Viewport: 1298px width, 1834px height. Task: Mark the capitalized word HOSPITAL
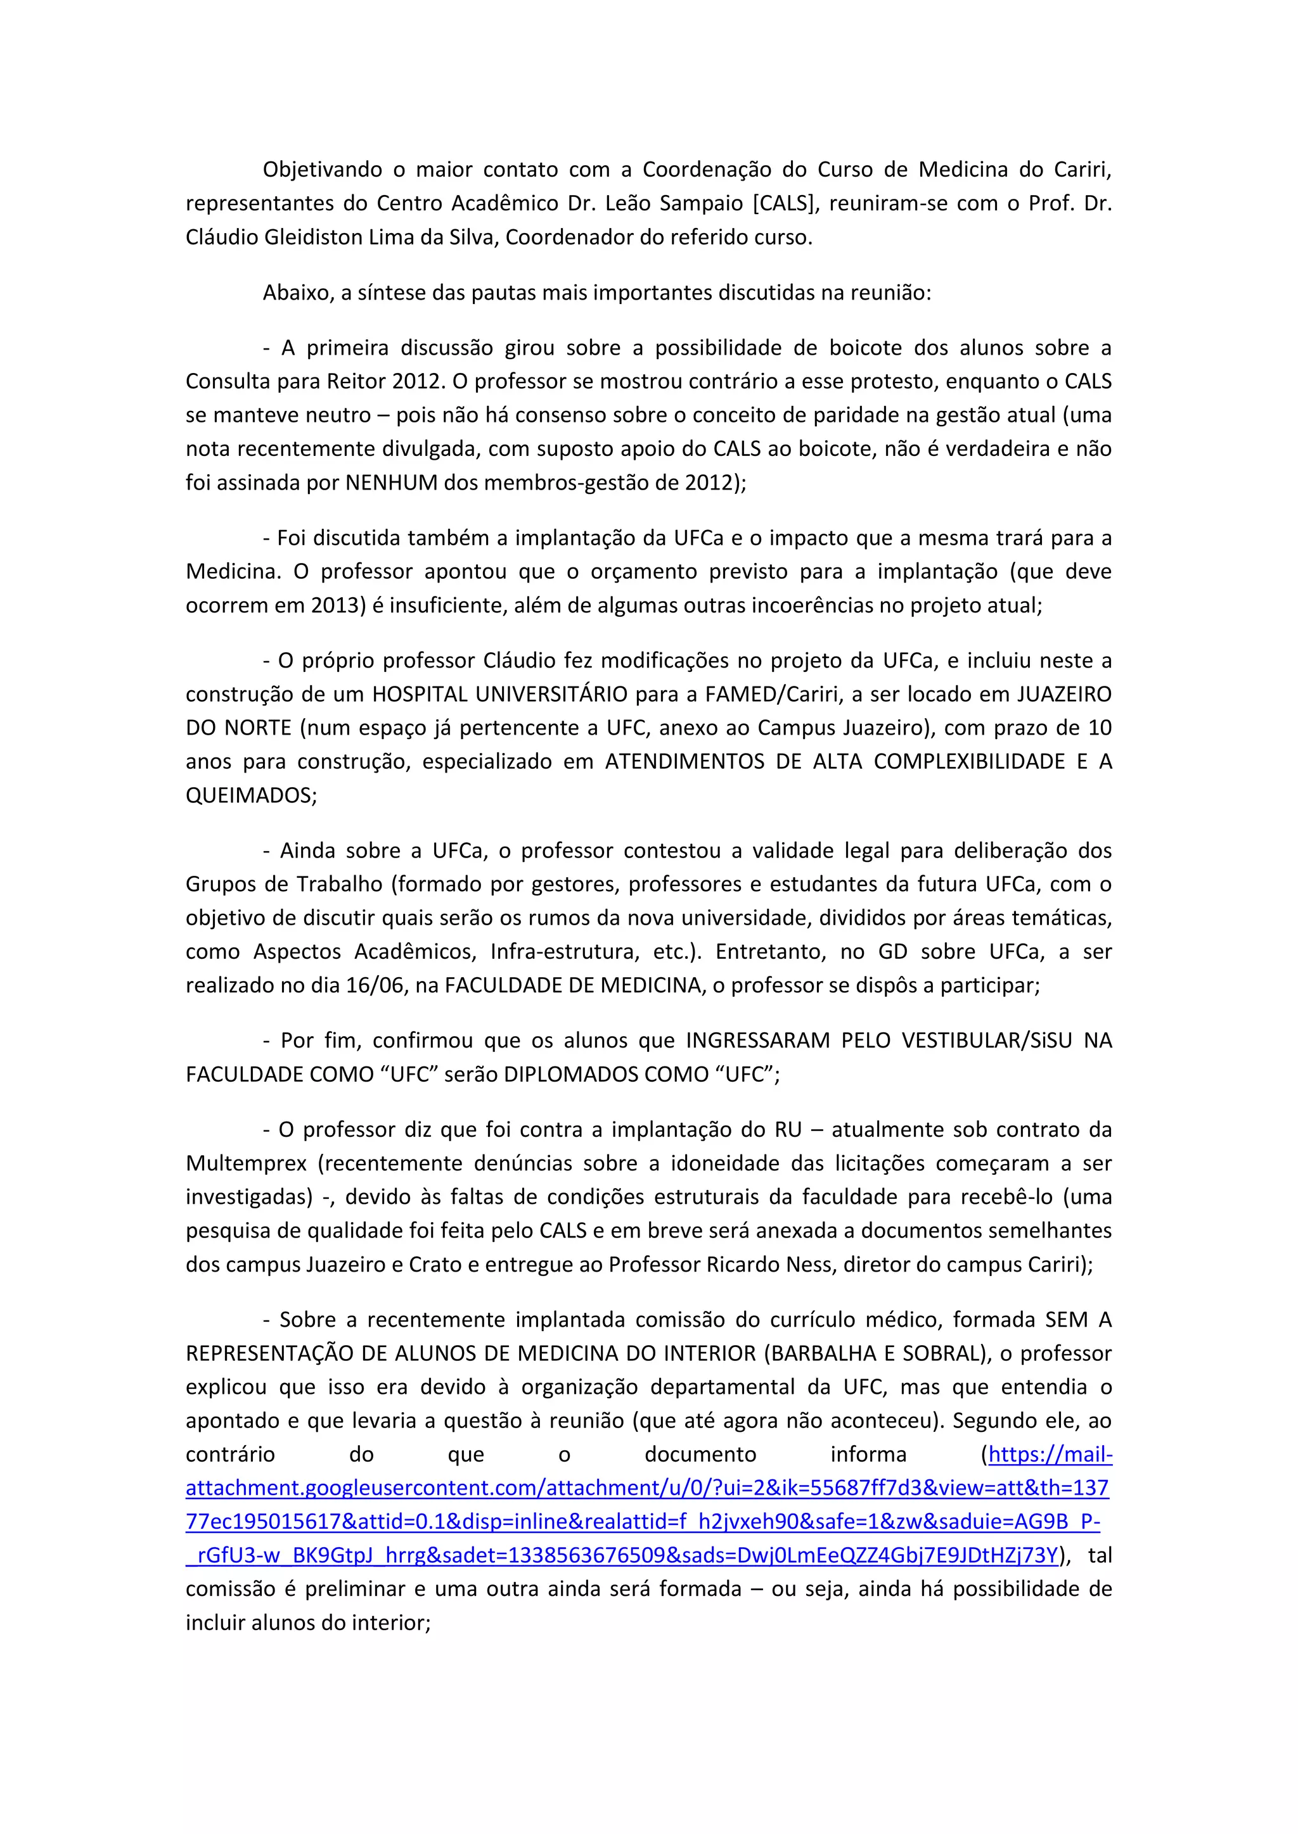tap(420, 694)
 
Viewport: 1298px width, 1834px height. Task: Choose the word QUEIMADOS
tap(248, 795)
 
